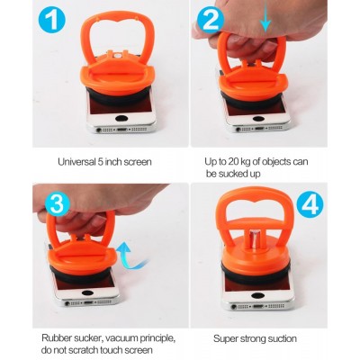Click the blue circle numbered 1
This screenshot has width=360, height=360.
point(52,19)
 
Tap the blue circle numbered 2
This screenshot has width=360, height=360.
point(211,20)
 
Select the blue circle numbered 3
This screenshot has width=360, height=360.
point(58,203)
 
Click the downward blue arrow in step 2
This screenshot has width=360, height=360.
point(265,20)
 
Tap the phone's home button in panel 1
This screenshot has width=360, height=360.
point(122,118)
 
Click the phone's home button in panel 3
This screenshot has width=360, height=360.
point(87,292)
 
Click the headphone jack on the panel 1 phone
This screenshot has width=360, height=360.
point(98,130)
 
